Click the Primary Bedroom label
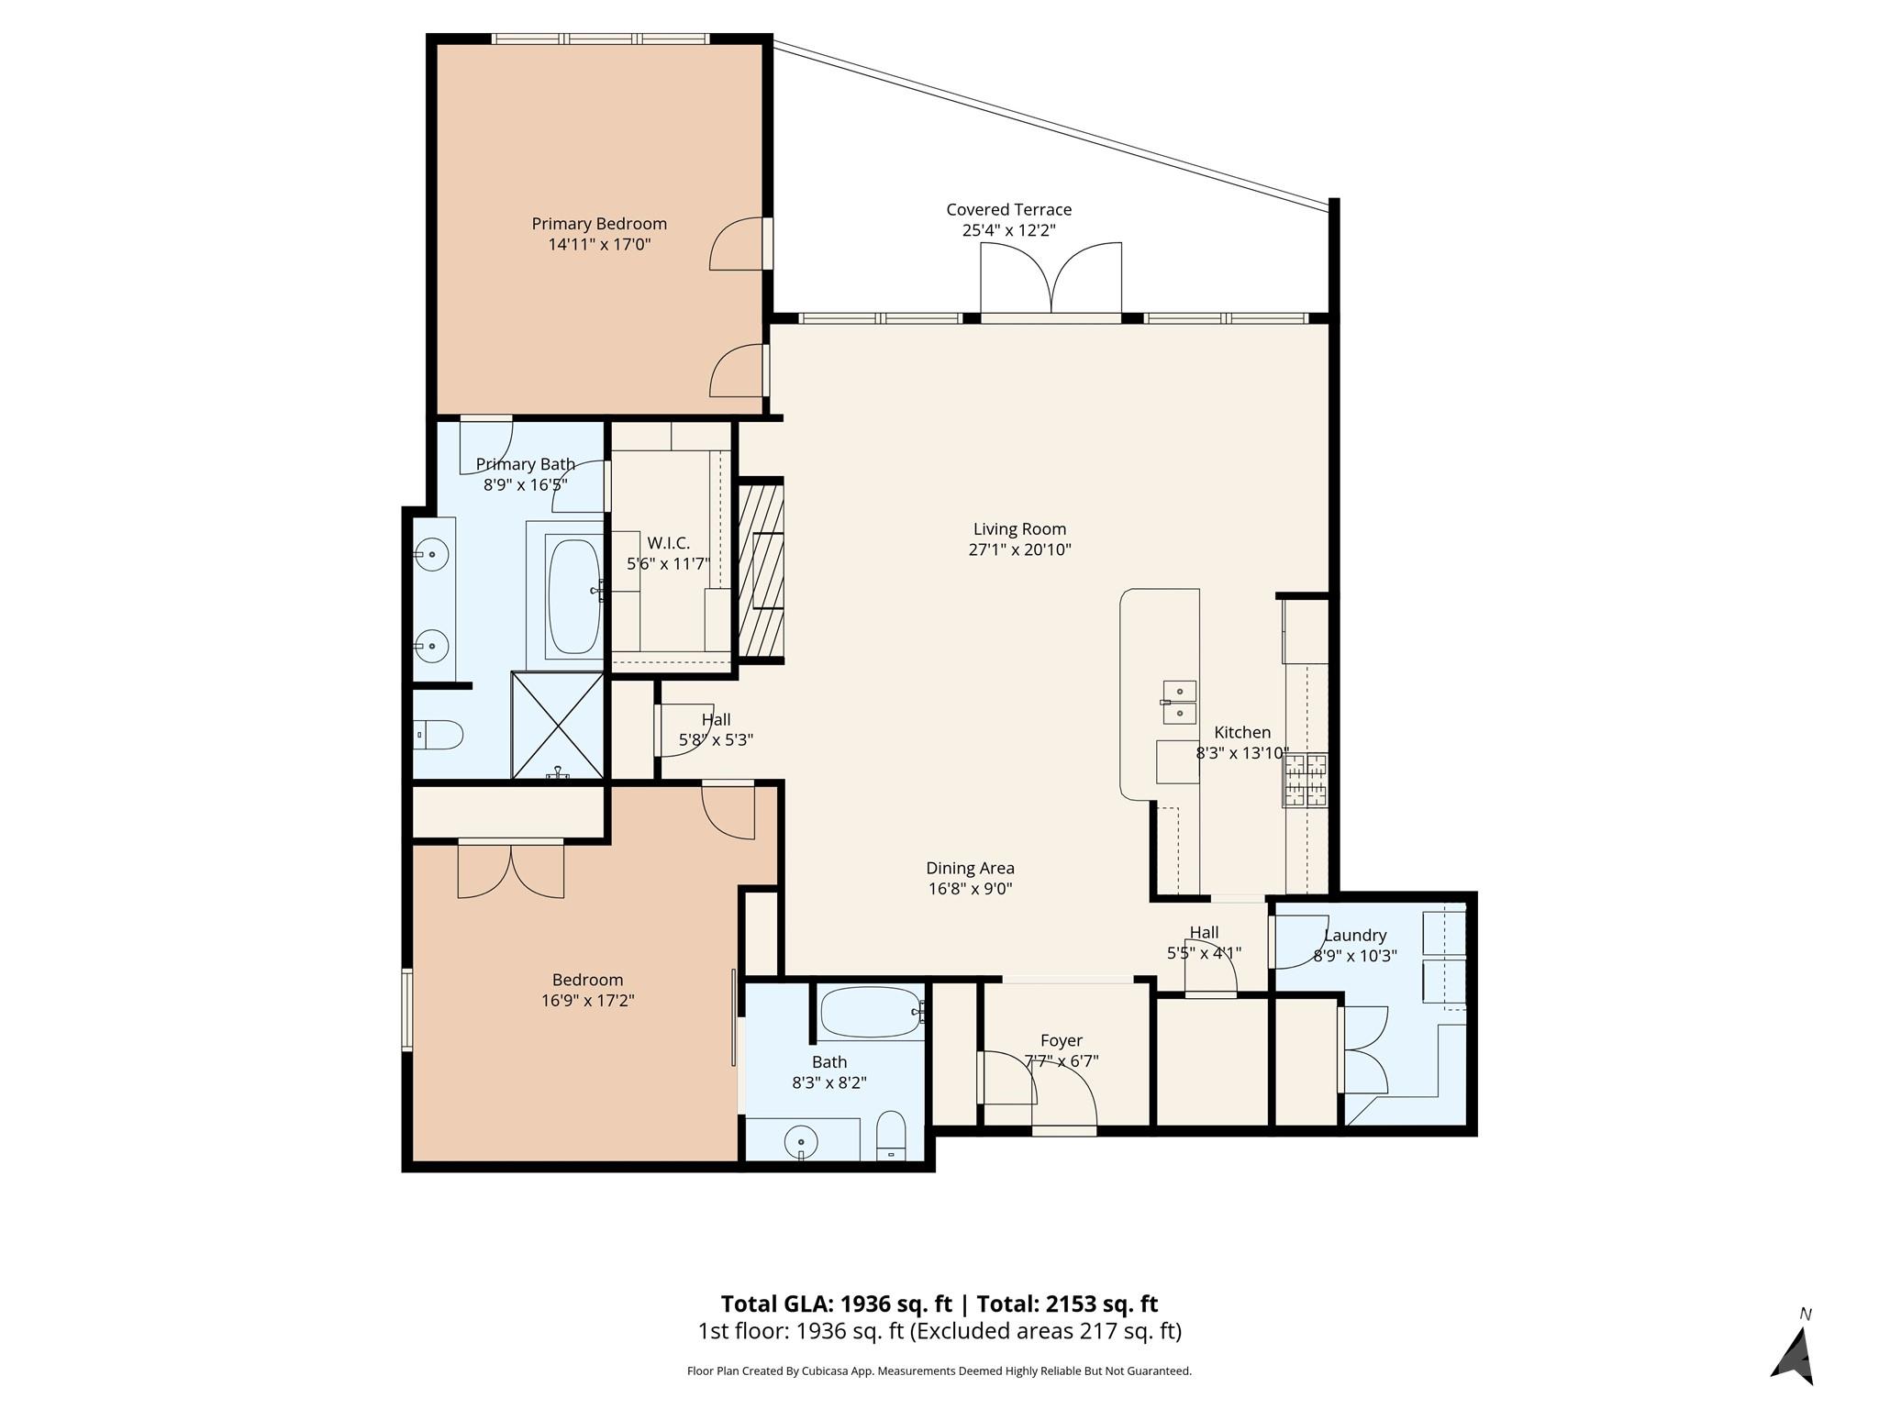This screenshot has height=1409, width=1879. (599, 224)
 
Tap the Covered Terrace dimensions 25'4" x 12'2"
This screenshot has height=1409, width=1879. (1008, 230)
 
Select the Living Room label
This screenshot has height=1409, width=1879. (1019, 529)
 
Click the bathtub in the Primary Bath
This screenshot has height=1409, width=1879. (573, 596)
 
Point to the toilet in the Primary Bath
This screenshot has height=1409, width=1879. (438, 734)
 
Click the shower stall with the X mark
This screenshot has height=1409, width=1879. (558, 727)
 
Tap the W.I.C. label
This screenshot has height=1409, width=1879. (668, 543)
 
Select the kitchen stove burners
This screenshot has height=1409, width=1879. (1306, 780)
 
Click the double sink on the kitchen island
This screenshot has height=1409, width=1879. (1179, 702)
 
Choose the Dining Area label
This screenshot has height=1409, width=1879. (970, 868)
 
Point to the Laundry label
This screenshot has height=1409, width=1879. (1354, 936)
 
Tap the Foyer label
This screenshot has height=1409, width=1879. (1062, 1040)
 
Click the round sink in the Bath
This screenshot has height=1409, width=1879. (801, 1142)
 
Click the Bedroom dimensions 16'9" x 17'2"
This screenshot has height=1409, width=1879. (587, 1001)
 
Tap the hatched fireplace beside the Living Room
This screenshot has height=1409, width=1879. (761, 570)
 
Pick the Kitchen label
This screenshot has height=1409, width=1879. (1242, 733)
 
